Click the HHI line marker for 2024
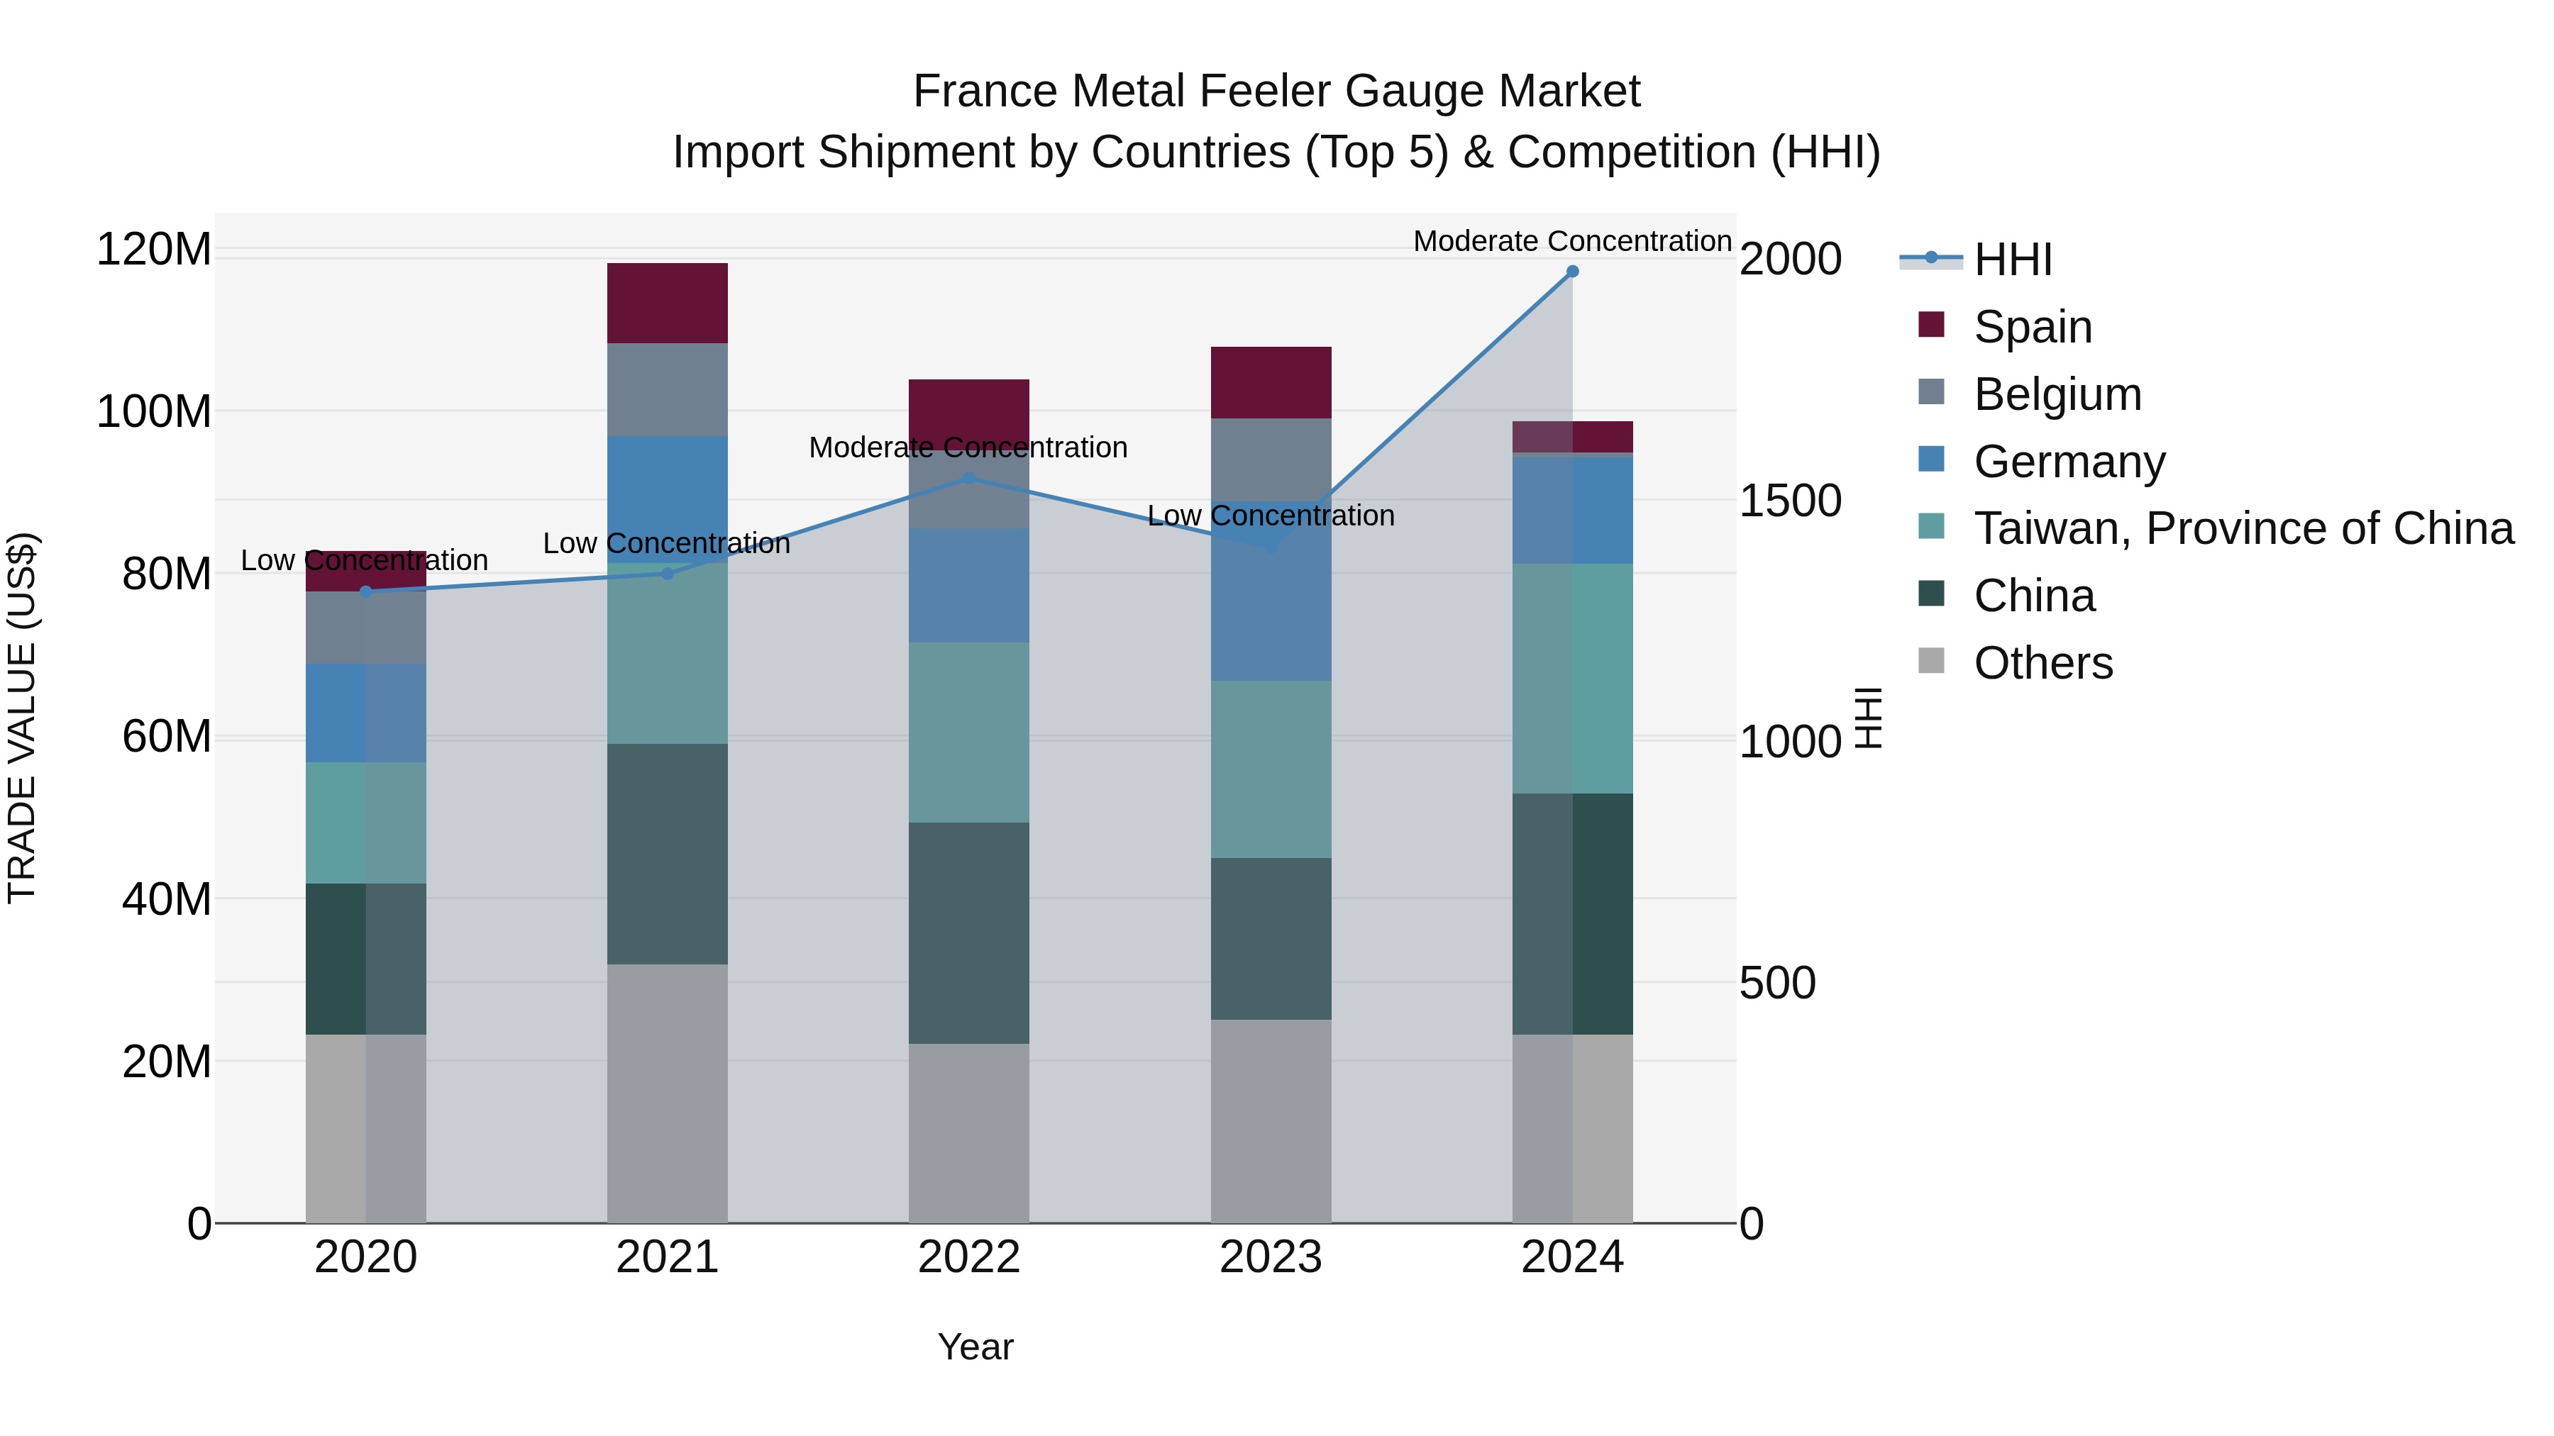(1571, 272)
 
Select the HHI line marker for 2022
(968, 479)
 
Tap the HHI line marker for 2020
(366, 591)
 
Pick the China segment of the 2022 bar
(968, 933)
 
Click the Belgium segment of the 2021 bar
(668, 389)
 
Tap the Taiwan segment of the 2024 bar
(1571, 679)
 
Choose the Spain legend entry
(2032, 327)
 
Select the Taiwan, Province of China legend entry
(2243, 528)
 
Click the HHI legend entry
(2012, 260)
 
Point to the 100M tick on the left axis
(154, 411)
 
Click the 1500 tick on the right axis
(1790, 501)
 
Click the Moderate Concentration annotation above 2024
(1571, 241)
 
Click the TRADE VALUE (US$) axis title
(22, 718)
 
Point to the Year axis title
(975, 1347)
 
